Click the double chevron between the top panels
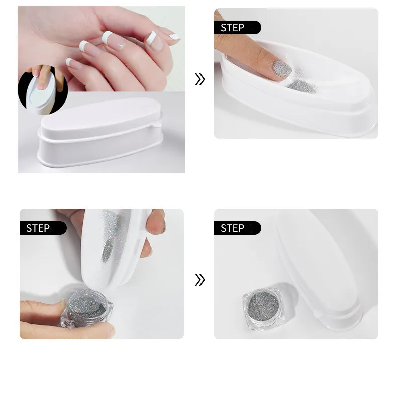point(200,79)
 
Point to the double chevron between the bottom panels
point(200,280)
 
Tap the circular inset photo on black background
point(43,90)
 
